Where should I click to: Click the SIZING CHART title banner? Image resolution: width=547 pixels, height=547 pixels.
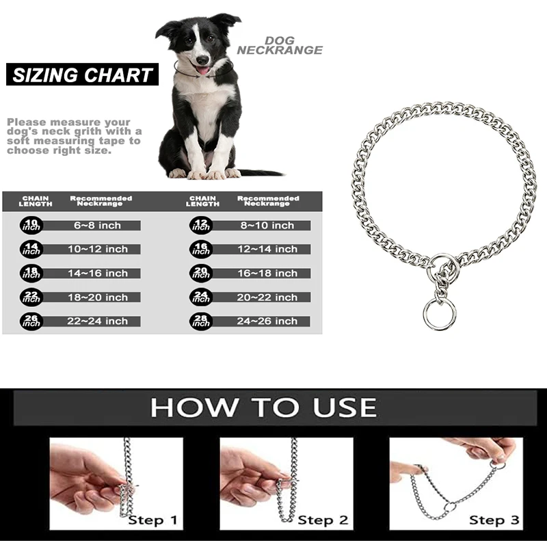pyautogui.click(x=82, y=75)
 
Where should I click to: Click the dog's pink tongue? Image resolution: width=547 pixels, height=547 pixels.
pyautogui.click(x=202, y=69)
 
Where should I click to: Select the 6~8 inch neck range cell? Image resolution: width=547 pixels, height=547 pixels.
pyautogui.click(x=98, y=226)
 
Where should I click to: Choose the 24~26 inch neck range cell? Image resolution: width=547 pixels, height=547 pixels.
pyautogui.click(x=267, y=321)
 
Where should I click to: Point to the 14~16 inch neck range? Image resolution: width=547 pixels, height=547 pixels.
pyautogui.click(x=98, y=273)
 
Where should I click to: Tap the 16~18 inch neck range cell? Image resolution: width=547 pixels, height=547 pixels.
pyautogui.click(x=267, y=273)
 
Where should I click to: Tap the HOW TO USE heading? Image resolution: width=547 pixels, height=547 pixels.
pyautogui.click(x=263, y=408)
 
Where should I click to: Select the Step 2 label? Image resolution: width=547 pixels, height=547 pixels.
pyautogui.click(x=323, y=520)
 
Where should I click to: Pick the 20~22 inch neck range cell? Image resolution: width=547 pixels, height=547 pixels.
pyautogui.click(x=267, y=297)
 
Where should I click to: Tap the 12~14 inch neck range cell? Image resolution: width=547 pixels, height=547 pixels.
pyautogui.click(x=267, y=250)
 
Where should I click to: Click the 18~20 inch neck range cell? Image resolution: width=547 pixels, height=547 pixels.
pyautogui.click(x=98, y=297)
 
